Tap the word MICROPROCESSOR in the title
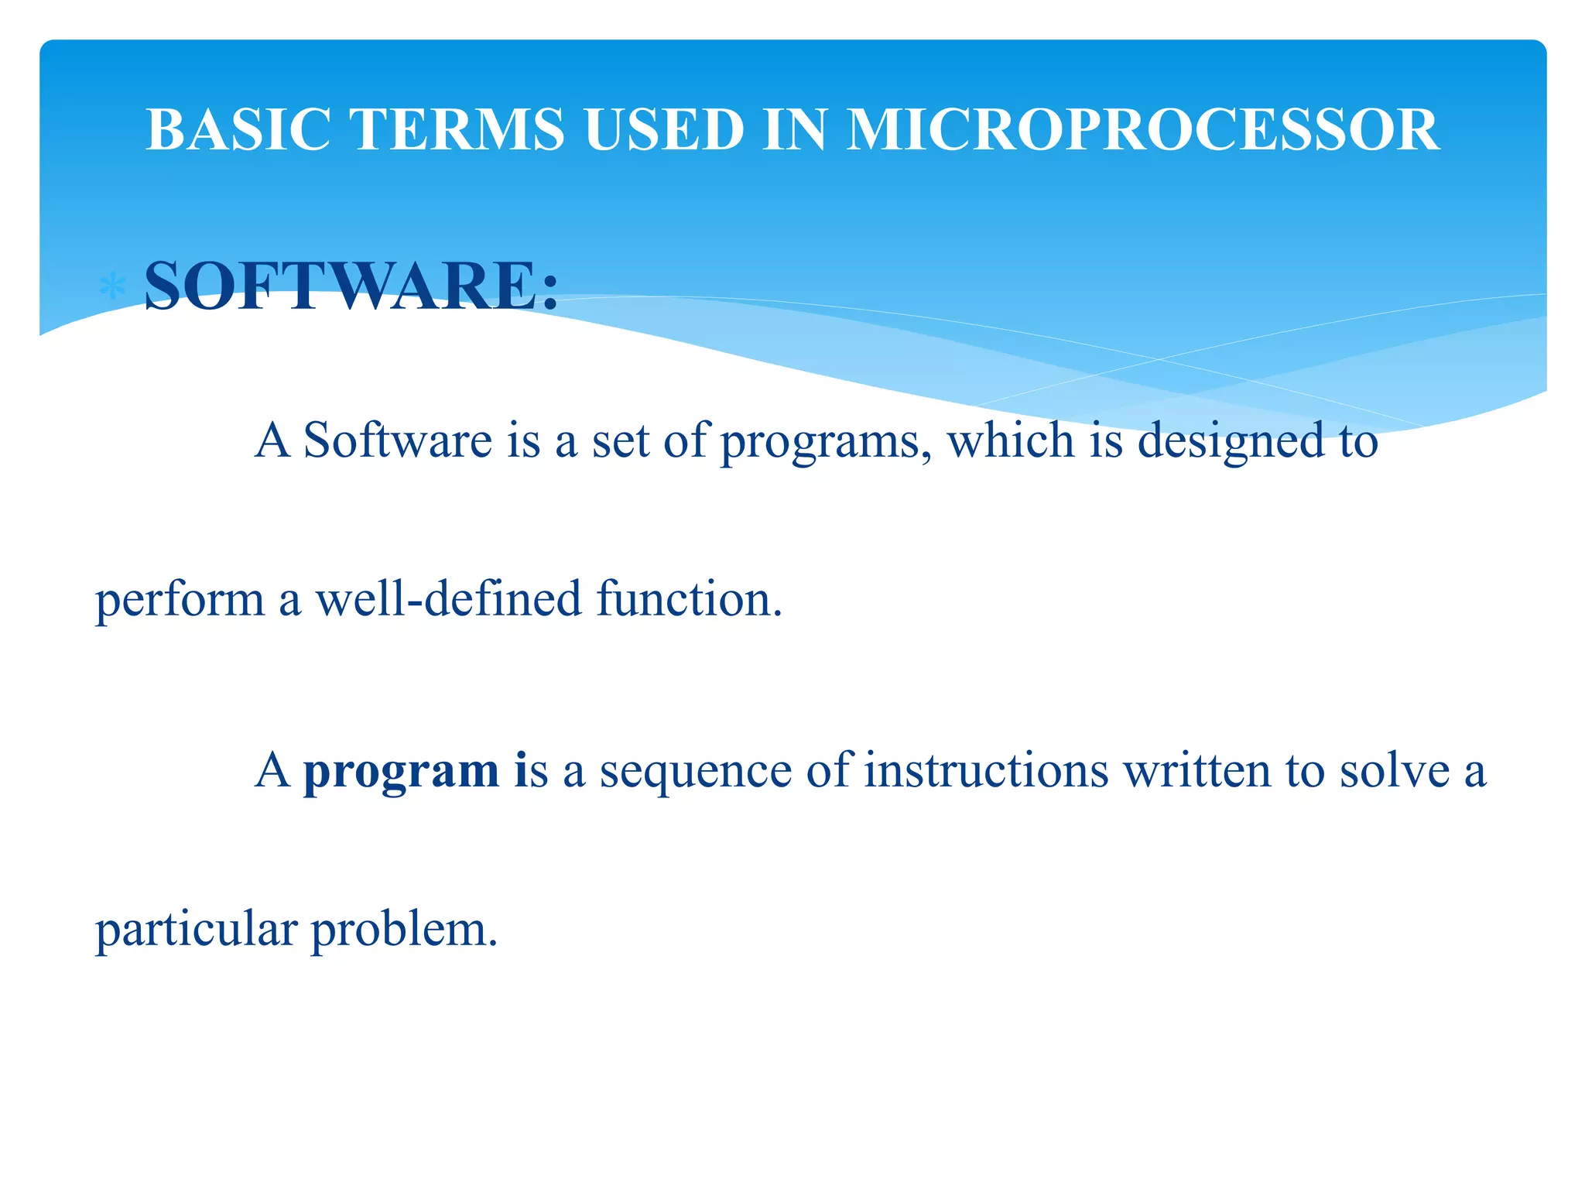[x=1142, y=129]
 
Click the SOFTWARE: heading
[x=351, y=286]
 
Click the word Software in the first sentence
[x=397, y=440]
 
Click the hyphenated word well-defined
[x=448, y=599]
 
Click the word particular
[x=196, y=930]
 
